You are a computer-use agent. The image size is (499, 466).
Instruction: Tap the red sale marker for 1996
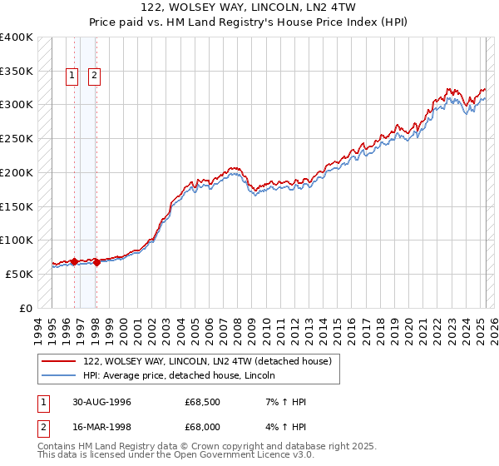click(74, 261)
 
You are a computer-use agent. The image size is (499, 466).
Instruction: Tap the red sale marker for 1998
click(96, 262)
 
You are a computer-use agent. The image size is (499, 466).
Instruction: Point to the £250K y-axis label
click(17, 138)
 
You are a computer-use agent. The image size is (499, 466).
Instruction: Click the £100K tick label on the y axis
click(17, 240)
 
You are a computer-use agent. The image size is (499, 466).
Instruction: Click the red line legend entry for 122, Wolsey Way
click(207, 361)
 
